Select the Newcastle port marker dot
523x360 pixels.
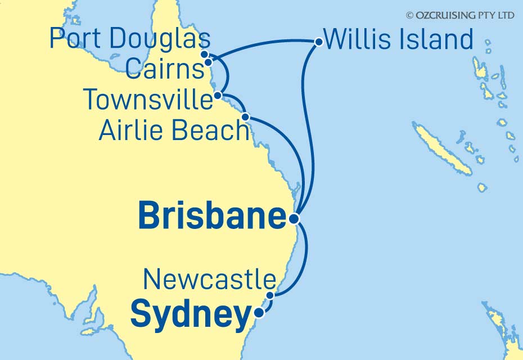(x=270, y=295)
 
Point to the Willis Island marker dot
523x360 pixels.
(x=318, y=41)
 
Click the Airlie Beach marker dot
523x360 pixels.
(x=245, y=116)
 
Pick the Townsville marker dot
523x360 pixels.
(x=217, y=96)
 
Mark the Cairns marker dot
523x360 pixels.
(x=208, y=62)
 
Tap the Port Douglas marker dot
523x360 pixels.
(x=206, y=55)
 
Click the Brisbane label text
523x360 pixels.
(x=212, y=217)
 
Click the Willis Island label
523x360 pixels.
(x=399, y=40)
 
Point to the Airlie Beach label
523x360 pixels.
(x=174, y=131)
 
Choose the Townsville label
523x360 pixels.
(x=148, y=100)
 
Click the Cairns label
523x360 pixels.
(x=164, y=70)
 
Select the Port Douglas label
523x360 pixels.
(x=130, y=39)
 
